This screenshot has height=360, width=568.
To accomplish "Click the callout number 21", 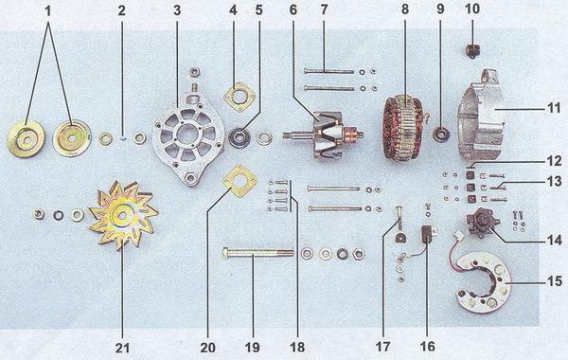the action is (122, 348).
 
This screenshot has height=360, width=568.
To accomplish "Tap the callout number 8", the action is (404, 9).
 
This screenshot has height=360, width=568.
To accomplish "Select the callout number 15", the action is (554, 281).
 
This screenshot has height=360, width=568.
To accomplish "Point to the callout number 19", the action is (252, 348).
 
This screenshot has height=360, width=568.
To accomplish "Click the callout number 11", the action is (554, 108).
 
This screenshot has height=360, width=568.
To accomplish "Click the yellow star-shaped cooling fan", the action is (123, 215).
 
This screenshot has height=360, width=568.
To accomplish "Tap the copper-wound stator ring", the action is (405, 127).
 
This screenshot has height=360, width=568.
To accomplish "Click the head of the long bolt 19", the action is (226, 253).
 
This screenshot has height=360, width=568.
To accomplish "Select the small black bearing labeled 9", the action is (441, 135).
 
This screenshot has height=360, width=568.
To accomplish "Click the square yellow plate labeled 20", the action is (240, 181).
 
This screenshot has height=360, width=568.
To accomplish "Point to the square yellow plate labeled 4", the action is (240, 97).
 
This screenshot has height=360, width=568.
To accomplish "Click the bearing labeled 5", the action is (240, 137).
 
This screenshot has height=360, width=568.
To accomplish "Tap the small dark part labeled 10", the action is (471, 50).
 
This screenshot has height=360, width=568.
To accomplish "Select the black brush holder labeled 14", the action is (483, 222).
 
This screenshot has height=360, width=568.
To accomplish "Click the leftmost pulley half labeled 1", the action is (26, 139).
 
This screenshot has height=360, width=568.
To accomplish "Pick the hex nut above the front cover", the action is (193, 73).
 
